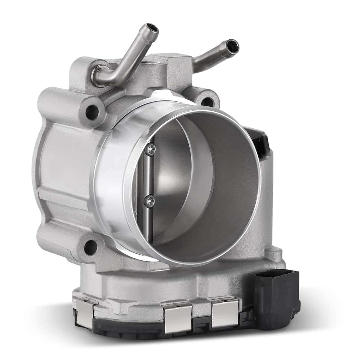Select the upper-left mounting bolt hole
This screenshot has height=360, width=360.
[x=91, y=112]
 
